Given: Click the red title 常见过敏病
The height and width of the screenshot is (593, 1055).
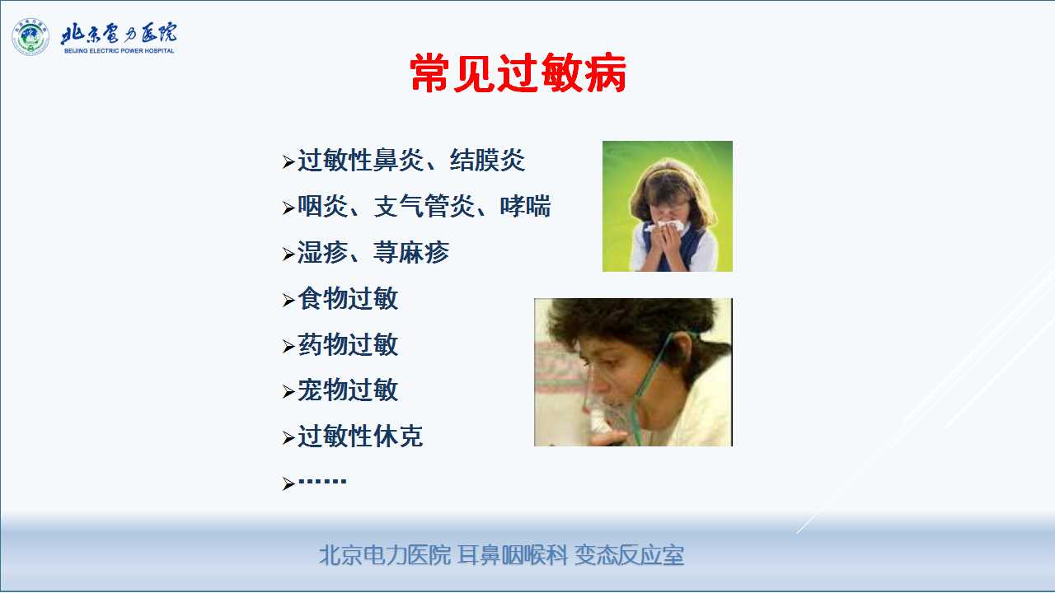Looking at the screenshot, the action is pos(518,73).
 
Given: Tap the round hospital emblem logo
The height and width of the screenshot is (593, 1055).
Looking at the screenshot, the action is pos(30,37).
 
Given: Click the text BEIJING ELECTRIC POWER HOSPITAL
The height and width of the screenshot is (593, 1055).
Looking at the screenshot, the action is pos(120,51).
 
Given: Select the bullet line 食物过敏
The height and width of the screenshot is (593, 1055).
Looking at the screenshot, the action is pos(340,298).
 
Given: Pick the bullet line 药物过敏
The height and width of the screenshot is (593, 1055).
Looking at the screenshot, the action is pos(340,344).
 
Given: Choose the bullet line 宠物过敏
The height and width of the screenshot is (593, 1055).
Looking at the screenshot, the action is pos(340,390).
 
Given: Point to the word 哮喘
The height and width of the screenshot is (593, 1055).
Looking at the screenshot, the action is pos(525,206).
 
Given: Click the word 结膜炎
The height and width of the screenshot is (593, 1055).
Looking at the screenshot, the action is pos(487,160).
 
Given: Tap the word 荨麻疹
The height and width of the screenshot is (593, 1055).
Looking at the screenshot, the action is pos(411,252).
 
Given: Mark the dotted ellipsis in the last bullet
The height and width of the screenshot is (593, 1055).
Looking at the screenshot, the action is pos(322,481).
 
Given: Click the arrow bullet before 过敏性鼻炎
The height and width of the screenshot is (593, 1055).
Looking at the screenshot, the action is pos(288,161).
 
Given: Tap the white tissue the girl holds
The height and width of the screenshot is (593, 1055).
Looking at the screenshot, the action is pos(665,226).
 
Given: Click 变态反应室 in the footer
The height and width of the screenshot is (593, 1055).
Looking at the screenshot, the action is pos(629,555).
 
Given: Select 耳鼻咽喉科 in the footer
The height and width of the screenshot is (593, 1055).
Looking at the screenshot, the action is pos(513,555).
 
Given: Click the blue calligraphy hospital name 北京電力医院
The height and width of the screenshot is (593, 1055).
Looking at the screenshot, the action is pos(119,33).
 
